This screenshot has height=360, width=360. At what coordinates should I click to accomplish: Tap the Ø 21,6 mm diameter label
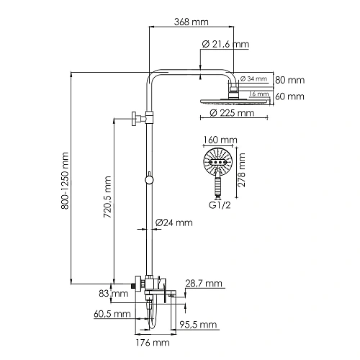pyautogui.click(x=226, y=45)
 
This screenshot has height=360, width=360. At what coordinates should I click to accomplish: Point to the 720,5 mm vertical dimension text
pyautogui.click(x=107, y=197)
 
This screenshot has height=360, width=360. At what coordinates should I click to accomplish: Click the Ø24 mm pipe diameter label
pyautogui.click(x=174, y=222)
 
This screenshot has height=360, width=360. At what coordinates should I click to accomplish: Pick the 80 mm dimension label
pyautogui.click(x=291, y=79)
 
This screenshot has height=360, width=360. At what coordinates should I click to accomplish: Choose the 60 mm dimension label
pyautogui.click(x=291, y=96)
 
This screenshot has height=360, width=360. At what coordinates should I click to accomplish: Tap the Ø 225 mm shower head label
pyautogui.click(x=232, y=113)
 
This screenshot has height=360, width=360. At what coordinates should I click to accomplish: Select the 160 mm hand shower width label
pyautogui.click(x=221, y=140)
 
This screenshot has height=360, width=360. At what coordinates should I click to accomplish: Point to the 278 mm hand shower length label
pyautogui.click(x=243, y=174)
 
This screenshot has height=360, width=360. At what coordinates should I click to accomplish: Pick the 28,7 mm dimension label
pyautogui.click(x=204, y=283)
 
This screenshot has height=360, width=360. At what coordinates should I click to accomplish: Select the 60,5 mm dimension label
pyautogui.click(x=112, y=314)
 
